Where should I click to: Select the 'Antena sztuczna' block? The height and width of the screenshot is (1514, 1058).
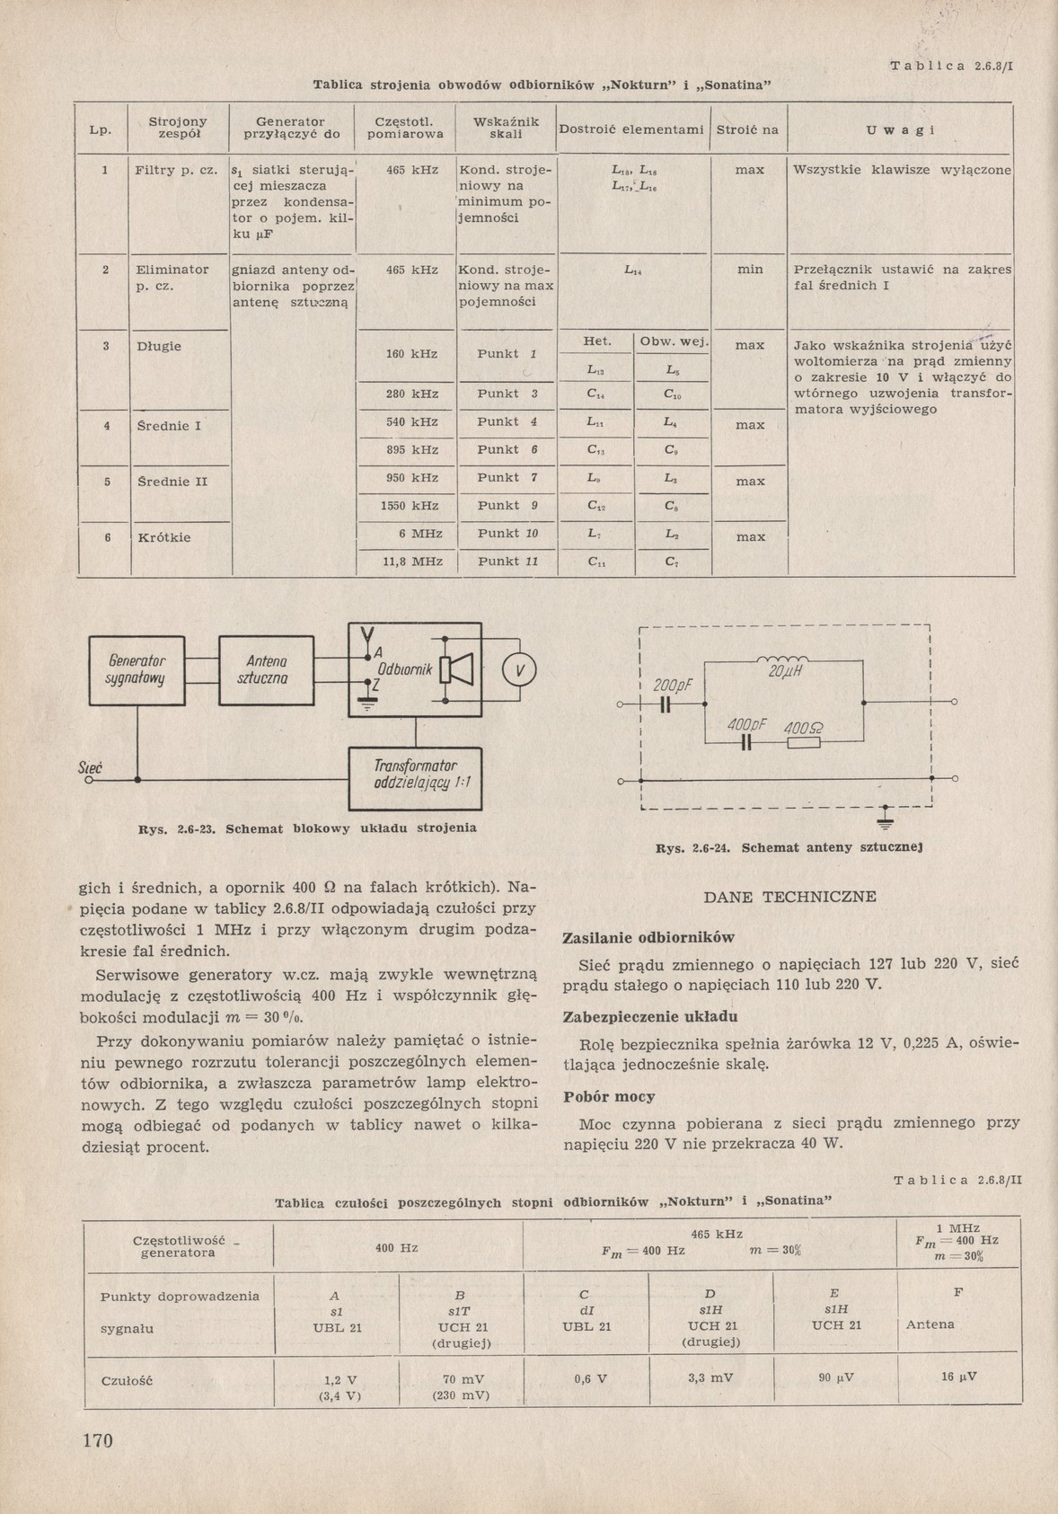tap(267, 670)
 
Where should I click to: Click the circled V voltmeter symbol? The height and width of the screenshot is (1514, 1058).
tap(518, 670)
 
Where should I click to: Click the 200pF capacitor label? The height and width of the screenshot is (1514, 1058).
tap(672, 686)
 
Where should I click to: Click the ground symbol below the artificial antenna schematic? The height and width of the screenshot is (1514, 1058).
tap(885, 819)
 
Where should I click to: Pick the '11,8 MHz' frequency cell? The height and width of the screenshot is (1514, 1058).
tap(412, 562)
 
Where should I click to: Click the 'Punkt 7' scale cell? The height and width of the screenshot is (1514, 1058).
tap(507, 477)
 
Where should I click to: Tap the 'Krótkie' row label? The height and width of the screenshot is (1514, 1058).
tap(164, 537)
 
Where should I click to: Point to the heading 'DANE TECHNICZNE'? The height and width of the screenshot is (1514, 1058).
tap(789, 897)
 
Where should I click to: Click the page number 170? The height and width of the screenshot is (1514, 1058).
tap(98, 1440)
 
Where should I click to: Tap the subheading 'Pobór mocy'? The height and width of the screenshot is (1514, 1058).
tap(609, 1096)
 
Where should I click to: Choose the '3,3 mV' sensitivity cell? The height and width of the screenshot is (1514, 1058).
tap(710, 1377)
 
